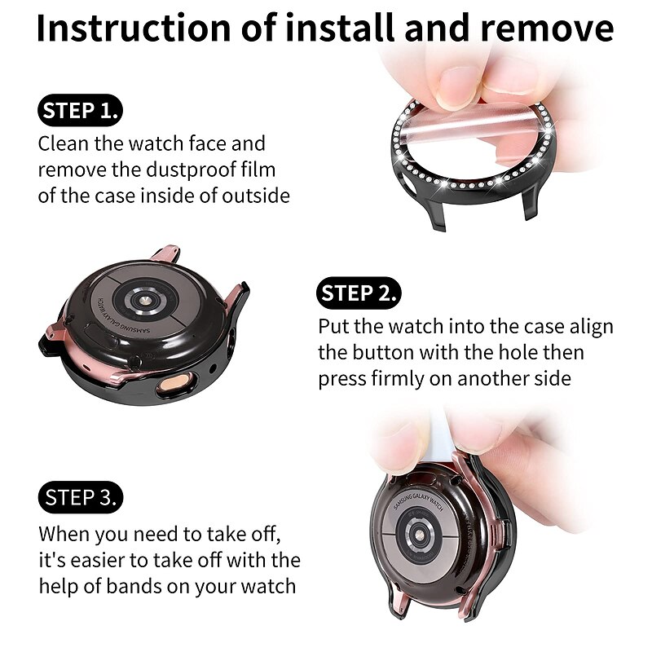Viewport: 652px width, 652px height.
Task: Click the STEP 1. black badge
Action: coord(80,110)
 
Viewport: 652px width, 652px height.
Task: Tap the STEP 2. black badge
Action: coord(359,293)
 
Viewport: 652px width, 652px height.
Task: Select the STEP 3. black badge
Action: coord(81,497)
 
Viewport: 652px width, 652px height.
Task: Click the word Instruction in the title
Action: coord(134,28)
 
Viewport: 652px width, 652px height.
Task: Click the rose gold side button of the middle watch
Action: coord(175,381)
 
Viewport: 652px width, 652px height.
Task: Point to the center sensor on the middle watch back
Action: coord(145,301)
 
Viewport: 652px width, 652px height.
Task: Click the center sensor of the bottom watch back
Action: coord(419,535)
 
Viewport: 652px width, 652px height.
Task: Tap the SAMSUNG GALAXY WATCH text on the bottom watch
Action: coord(418,501)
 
